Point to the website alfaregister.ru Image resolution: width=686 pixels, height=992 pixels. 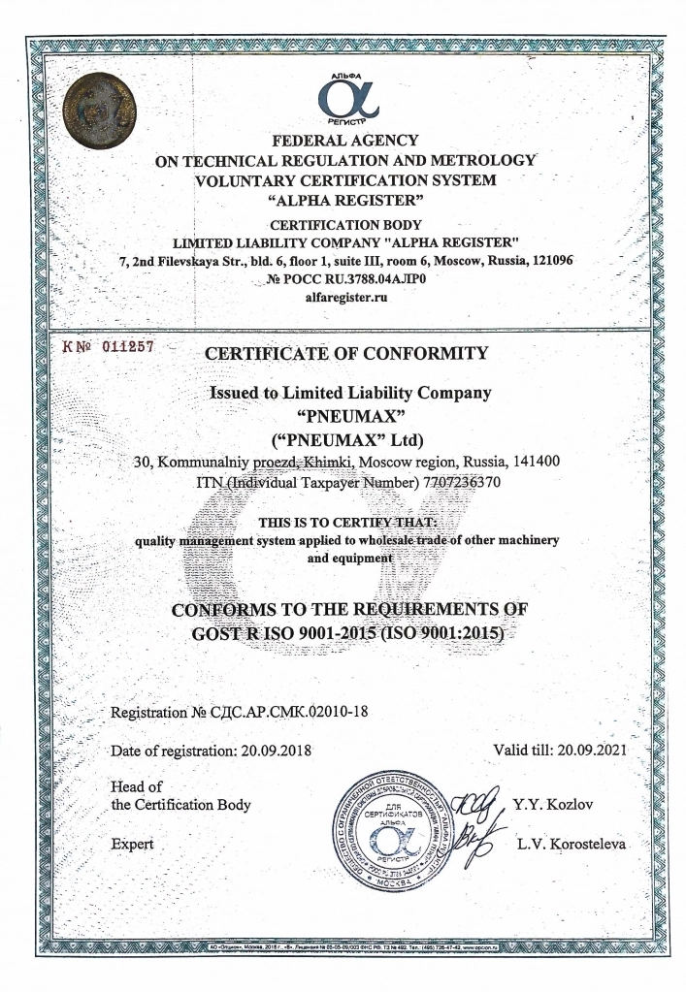pos(346,298)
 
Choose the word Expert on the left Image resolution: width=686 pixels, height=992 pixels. pos(133,844)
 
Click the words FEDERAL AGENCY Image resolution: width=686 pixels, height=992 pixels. pos(346,142)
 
